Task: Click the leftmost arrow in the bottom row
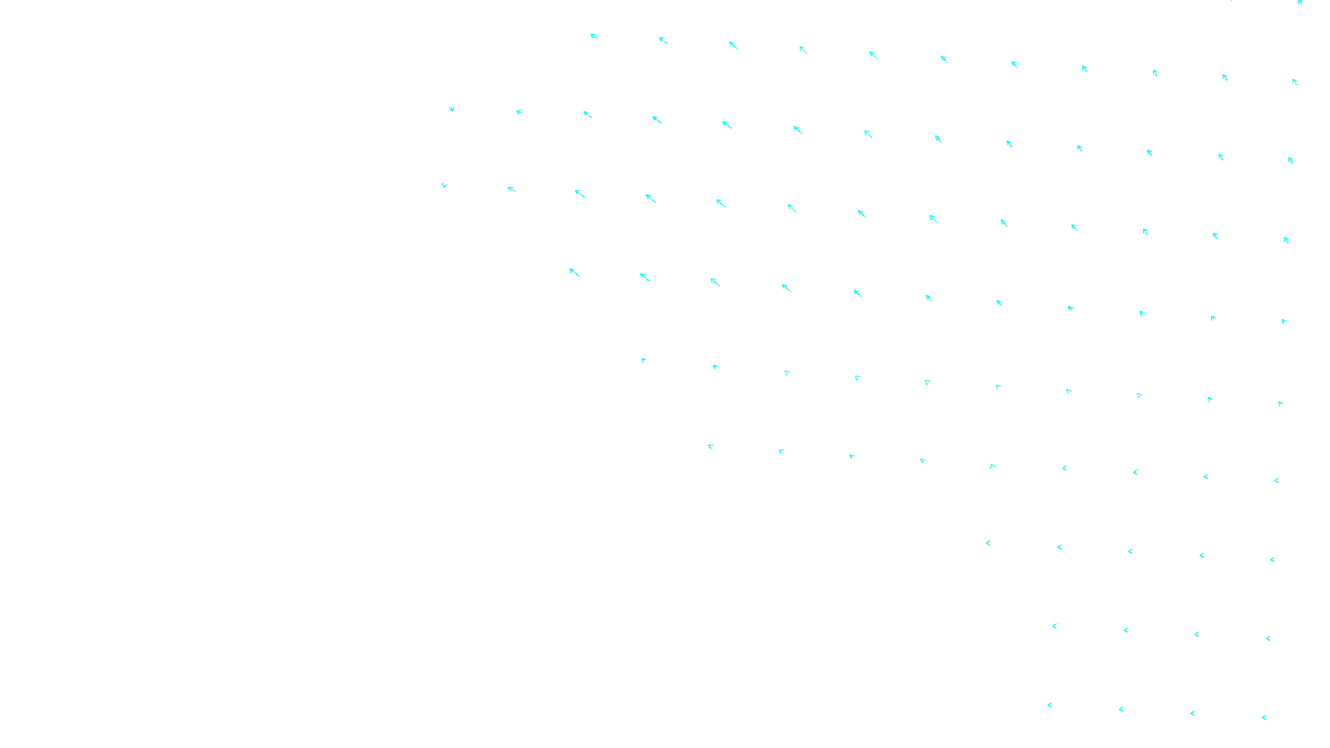1049,705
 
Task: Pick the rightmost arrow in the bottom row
1263,717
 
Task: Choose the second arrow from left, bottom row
1121,709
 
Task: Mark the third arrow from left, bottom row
1192,713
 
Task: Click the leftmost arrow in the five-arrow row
988,543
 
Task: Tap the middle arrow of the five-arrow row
1130,551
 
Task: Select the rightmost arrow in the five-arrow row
1272,559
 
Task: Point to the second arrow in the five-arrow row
1059,547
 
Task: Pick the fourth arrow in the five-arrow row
1201,555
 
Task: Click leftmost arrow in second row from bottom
1054,626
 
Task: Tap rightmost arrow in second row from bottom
1268,638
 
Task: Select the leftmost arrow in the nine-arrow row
710,446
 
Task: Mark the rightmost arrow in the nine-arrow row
1276,480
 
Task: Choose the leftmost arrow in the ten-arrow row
643,360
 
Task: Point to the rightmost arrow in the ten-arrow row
1280,403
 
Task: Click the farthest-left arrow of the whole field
444,185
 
